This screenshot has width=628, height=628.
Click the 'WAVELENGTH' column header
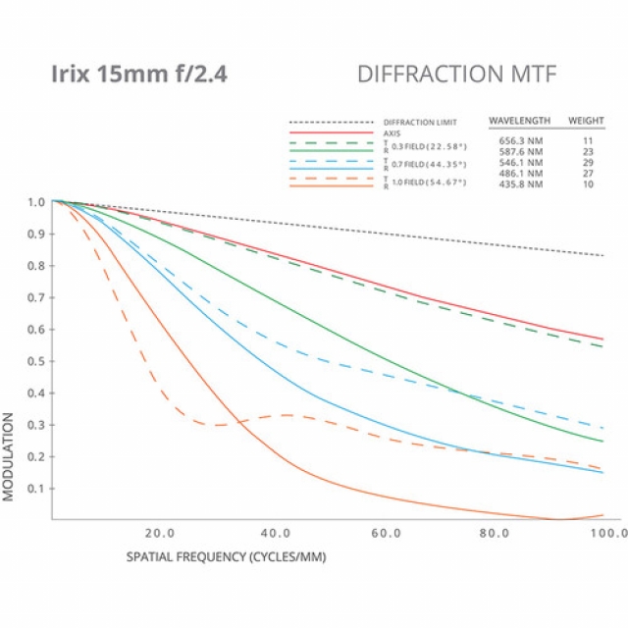[519, 122]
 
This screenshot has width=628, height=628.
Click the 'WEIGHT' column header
[587, 122]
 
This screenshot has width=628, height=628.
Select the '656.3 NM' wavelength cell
[519, 141]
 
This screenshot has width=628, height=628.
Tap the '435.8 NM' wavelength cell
[519, 183]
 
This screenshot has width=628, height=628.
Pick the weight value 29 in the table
[588, 162]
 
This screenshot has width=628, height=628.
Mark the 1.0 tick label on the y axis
[36, 202]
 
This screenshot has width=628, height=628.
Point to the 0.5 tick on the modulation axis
[36, 361]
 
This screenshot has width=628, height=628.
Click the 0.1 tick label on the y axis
[36, 489]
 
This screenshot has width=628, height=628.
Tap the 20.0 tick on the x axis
[159, 533]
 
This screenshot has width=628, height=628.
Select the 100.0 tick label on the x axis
[607, 533]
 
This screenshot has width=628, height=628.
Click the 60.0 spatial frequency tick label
[386, 533]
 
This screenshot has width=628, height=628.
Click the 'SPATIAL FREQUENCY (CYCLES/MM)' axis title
[226, 556]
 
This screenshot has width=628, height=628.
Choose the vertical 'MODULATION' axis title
[9, 456]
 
